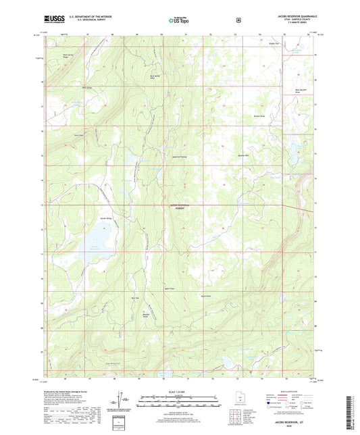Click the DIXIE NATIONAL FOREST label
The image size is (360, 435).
tap(179, 207)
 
